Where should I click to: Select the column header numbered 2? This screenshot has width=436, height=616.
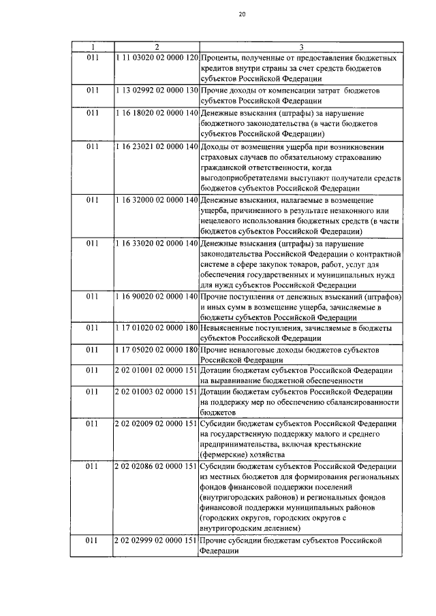coord(157,47)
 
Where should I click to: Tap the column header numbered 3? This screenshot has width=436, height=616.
coord(302,47)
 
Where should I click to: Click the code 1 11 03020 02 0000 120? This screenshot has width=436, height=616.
coord(157,57)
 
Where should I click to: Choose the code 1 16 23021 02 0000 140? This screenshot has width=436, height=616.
coord(157,146)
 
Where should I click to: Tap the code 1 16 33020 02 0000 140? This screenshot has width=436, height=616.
coord(157,243)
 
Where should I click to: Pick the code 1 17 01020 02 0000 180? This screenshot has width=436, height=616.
coord(157,328)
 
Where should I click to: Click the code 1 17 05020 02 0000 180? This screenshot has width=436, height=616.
coord(157,350)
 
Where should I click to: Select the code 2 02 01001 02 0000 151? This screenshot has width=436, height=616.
coord(157,370)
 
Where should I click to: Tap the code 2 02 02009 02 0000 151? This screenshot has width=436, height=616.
coord(157,423)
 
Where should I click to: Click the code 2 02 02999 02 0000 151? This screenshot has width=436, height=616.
coord(157,540)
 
